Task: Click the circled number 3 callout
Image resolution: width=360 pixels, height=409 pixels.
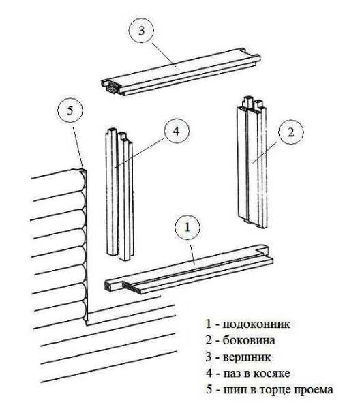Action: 141,31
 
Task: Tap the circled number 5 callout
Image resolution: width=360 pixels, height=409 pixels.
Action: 70,110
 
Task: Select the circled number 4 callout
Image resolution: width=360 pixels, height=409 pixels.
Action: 177,131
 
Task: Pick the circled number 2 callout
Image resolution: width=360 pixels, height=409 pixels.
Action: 291,132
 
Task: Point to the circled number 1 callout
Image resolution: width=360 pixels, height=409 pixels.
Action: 187,228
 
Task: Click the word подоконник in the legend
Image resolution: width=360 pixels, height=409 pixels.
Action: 256,324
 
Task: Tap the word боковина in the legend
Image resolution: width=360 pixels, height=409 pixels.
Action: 249,340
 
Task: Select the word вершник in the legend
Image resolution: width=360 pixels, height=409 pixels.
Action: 247,357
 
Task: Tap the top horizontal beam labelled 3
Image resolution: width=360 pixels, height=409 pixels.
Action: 181,72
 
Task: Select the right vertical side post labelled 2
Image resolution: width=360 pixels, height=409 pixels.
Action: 252,162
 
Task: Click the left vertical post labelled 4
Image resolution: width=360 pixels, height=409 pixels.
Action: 120,194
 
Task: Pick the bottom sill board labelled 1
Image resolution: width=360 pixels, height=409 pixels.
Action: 189,269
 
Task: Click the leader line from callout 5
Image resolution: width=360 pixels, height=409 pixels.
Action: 78,147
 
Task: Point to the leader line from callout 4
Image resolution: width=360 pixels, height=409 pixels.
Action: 139,153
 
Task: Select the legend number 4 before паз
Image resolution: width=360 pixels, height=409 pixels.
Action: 209,374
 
